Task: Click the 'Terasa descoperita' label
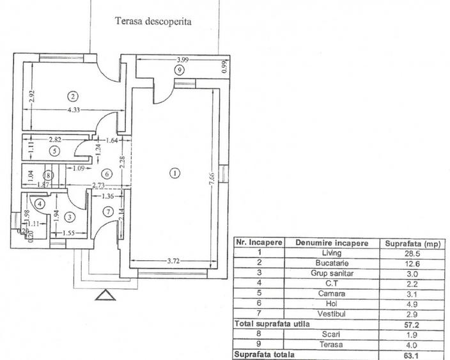[x=153, y=21]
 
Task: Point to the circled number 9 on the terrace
[x=180, y=69]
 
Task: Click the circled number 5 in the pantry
[x=55, y=151]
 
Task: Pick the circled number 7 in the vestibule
[x=108, y=211]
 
